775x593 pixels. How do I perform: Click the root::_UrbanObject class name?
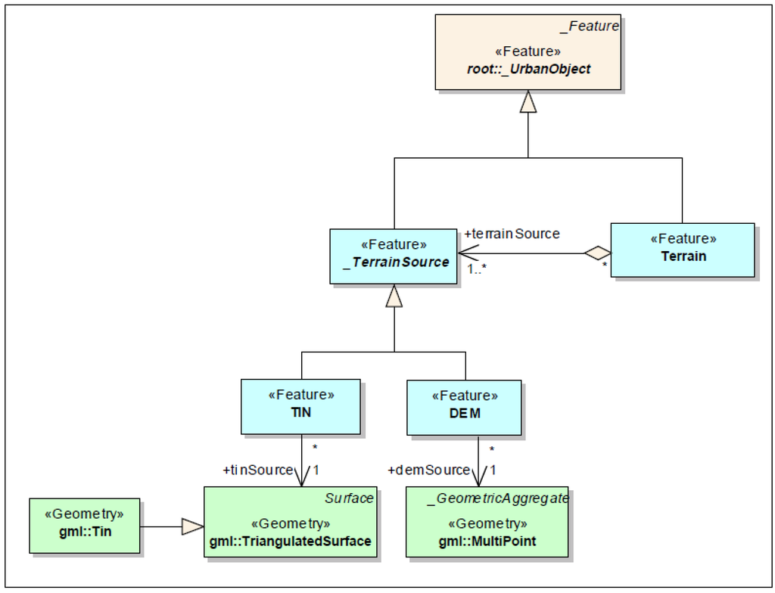coord(528,69)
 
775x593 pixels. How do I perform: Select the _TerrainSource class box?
coord(394,256)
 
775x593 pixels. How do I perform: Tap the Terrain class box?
coord(683,250)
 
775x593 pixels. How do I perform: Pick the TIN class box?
coord(301,407)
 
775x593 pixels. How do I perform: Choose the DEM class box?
coord(464,408)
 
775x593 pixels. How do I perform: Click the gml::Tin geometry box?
coord(85,526)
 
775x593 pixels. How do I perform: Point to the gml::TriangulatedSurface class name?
coord(290,541)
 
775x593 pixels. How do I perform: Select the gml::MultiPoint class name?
coord(487,541)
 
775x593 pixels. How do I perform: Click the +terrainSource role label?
coord(512,234)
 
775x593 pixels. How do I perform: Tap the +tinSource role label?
coord(258,470)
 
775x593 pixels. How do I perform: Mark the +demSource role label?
coord(428,470)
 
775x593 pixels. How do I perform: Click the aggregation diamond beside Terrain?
coord(598,253)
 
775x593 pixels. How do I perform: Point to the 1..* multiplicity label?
coord(477,269)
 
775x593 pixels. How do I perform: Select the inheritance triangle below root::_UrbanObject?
coord(528,101)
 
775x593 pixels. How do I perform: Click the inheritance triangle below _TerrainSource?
coord(394,296)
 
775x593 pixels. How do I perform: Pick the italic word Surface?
coord(349,498)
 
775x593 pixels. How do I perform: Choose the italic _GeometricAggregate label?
coord(498,498)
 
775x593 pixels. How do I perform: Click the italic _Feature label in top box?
coord(590,26)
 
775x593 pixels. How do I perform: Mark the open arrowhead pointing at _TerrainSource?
coord(468,253)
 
